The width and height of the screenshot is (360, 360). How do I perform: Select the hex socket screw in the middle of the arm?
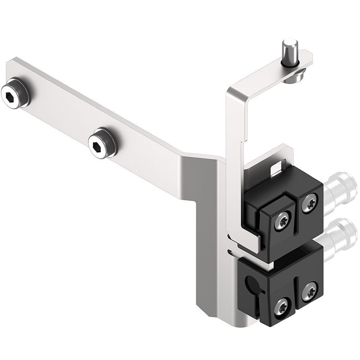(x=102, y=147)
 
